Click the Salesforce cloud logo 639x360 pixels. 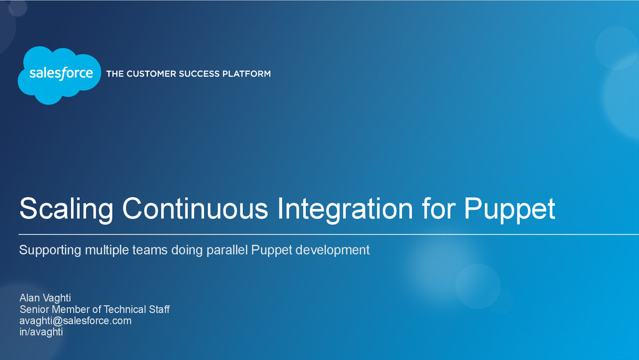tap(60, 74)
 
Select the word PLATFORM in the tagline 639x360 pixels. tap(249, 74)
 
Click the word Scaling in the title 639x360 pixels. tap(66, 209)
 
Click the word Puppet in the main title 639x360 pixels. tap(509, 209)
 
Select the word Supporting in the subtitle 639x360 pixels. tap(51, 251)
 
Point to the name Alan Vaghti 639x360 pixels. tap(45, 298)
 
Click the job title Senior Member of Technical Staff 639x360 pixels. tap(94, 309)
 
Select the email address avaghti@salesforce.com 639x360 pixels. tap(76, 321)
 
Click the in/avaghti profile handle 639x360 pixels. tap(41, 332)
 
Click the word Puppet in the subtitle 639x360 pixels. tap(270, 251)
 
